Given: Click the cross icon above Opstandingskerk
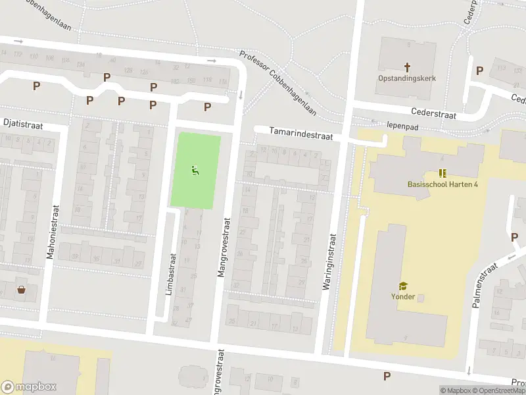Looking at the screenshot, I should (x=407, y=66).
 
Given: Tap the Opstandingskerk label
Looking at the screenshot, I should (x=407, y=78).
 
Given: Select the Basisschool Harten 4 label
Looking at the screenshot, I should (x=442, y=184).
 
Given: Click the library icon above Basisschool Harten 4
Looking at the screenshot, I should (x=442, y=173).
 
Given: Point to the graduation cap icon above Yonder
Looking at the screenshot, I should (x=403, y=286).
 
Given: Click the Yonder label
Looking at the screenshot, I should (x=403, y=296).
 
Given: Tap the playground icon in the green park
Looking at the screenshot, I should (x=195, y=171).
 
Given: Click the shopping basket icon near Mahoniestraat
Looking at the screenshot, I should (x=22, y=289).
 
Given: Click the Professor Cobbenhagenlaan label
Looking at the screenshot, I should (x=278, y=84).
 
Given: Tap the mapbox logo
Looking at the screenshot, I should (x=29, y=387).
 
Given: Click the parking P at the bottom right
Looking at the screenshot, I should (x=387, y=376).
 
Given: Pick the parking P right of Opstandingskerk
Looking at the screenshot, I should (x=479, y=70).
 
